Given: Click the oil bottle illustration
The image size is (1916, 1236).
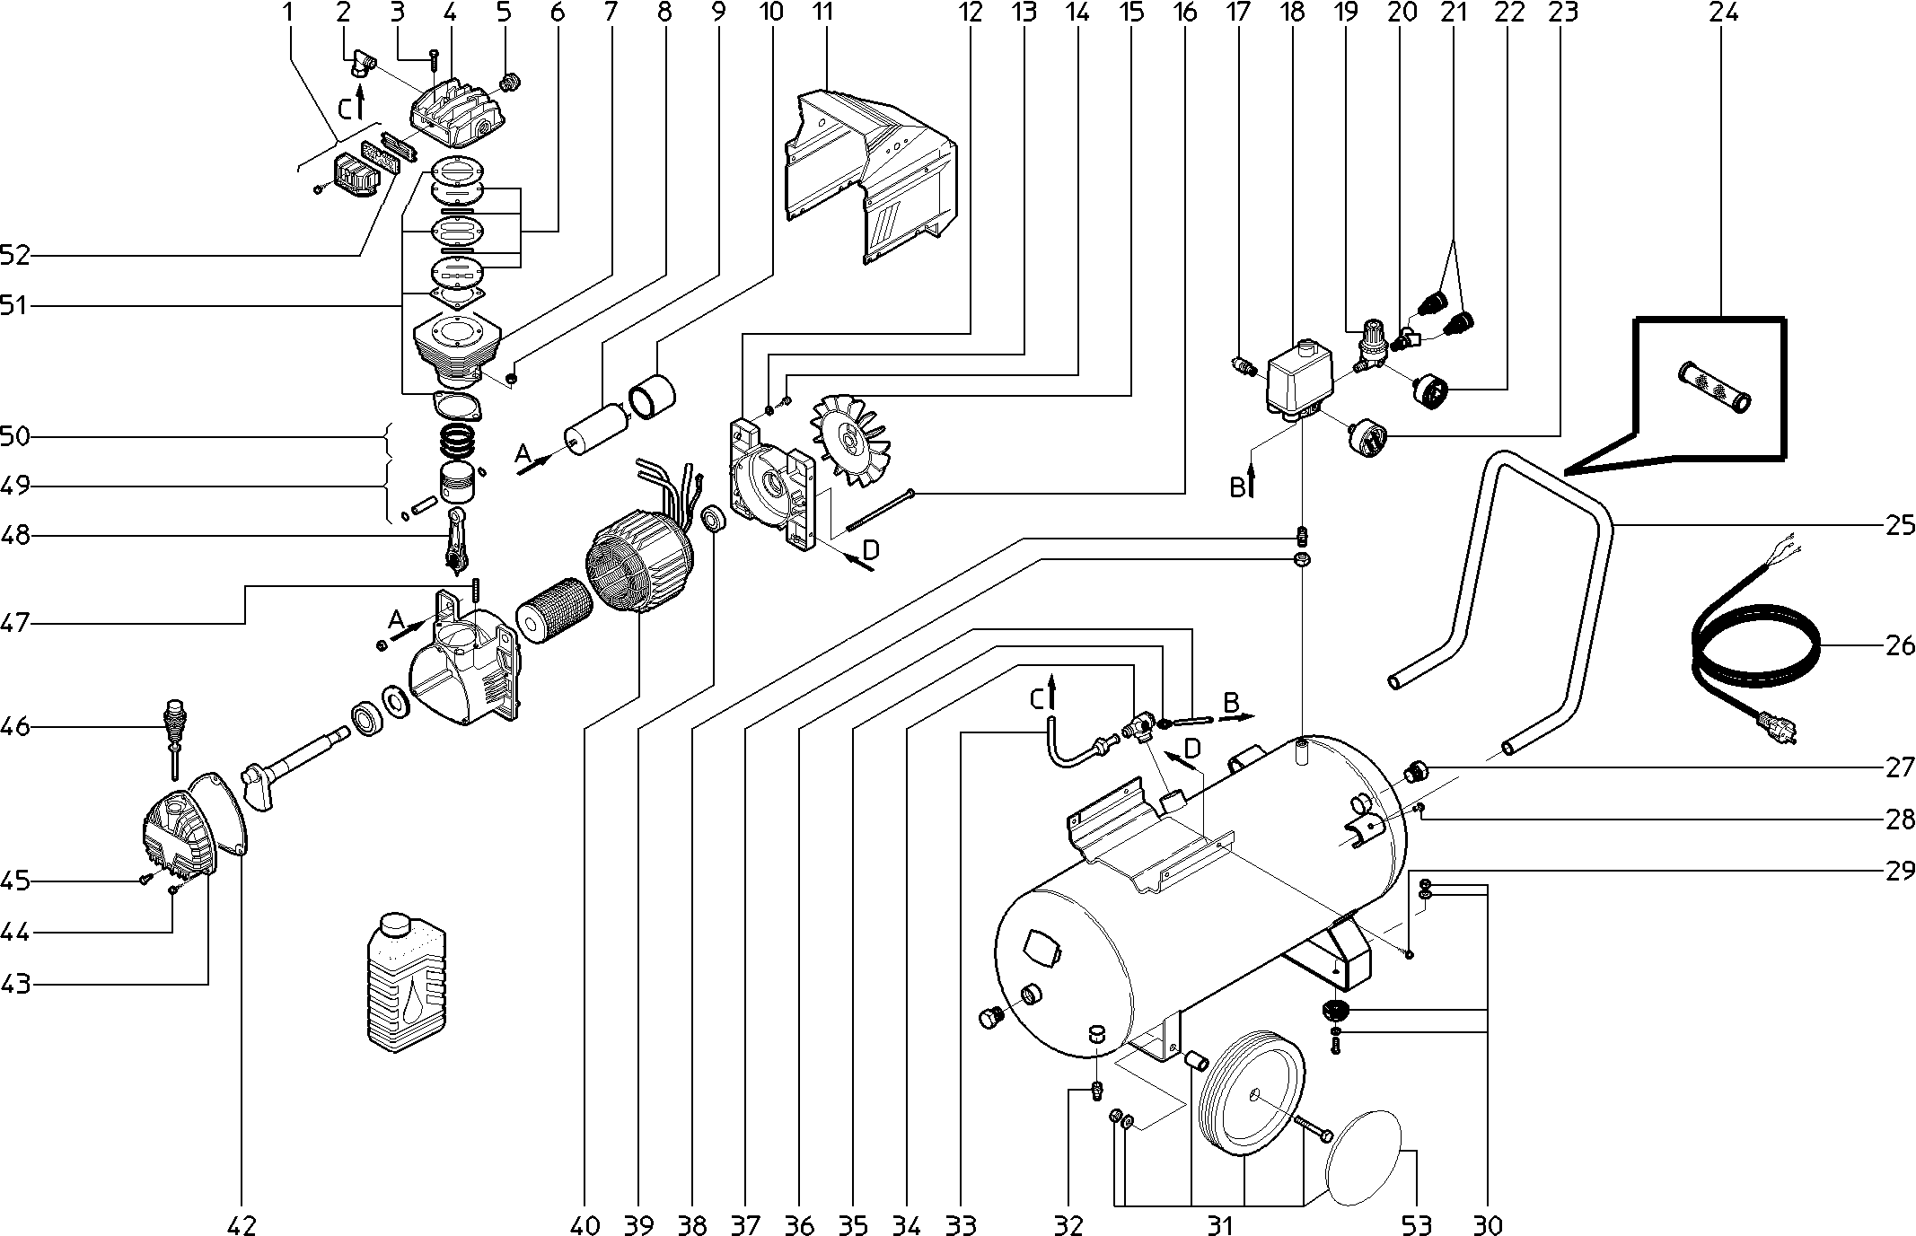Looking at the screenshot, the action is point(408,980).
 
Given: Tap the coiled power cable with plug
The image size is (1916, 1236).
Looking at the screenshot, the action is point(1751,654).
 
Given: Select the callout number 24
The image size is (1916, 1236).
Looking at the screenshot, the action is point(1723,13).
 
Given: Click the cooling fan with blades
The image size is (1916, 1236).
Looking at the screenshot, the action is point(848,440).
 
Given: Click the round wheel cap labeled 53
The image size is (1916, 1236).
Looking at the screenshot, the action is point(1363,1158).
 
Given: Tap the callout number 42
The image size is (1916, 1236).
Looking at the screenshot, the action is point(242,1224).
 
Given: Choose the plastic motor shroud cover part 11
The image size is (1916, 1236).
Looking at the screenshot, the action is point(867,178).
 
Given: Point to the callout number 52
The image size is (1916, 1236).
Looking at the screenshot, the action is point(15,256).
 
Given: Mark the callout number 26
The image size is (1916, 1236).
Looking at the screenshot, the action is point(1899,644).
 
